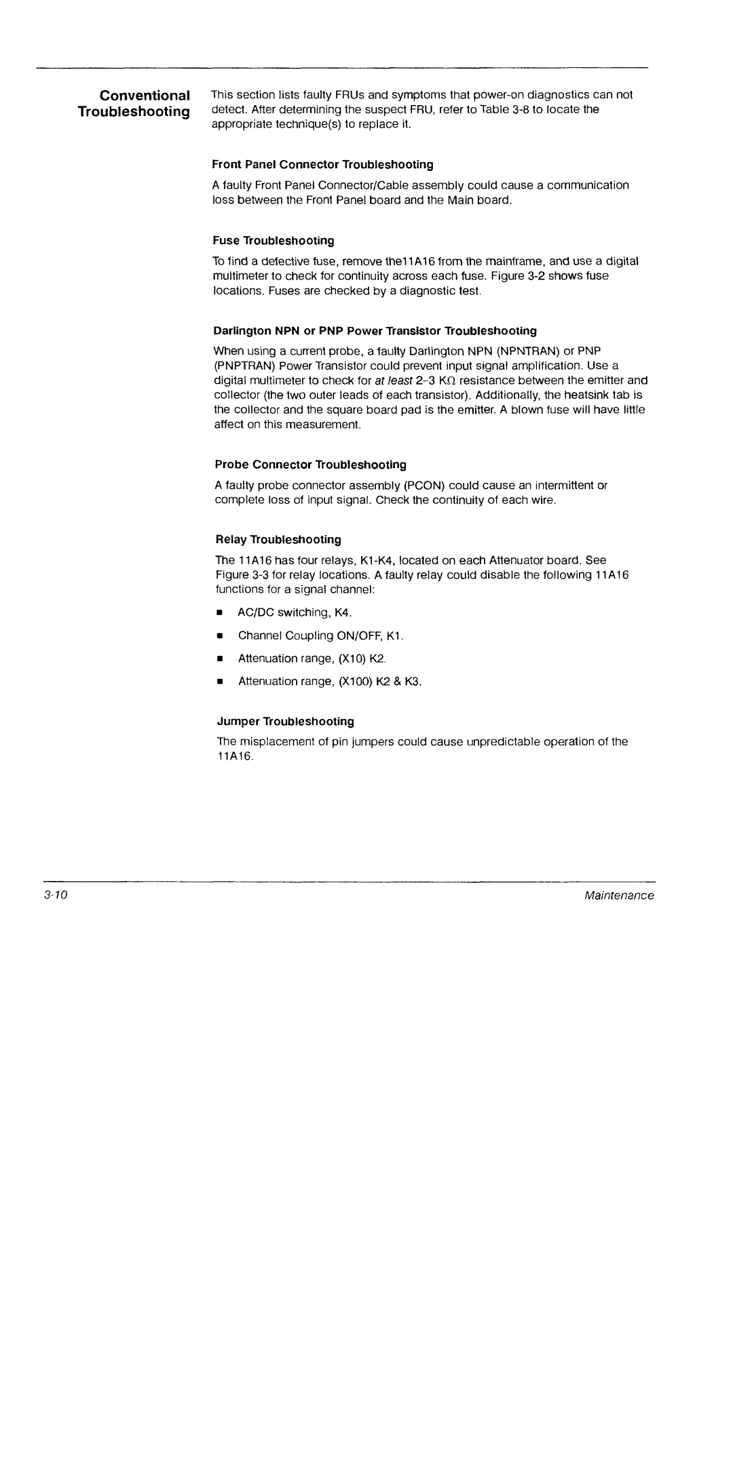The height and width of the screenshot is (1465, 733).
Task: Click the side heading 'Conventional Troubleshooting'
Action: [x=134, y=103]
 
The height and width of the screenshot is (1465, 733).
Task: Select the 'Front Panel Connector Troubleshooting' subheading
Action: [x=322, y=165]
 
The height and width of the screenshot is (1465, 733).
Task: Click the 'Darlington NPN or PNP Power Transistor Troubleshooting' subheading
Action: [x=375, y=331]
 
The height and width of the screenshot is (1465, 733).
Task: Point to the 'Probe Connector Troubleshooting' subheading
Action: [x=310, y=465]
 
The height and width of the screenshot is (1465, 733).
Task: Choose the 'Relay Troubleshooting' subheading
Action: [x=278, y=540]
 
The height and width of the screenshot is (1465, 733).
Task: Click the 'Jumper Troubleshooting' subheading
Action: [x=285, y=721]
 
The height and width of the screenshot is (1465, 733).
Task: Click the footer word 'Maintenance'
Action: [x=620, y=896]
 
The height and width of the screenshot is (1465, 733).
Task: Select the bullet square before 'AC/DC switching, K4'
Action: [x=220, y=613]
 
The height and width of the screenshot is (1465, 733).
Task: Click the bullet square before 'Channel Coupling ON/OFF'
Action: [x=220, y=636]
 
